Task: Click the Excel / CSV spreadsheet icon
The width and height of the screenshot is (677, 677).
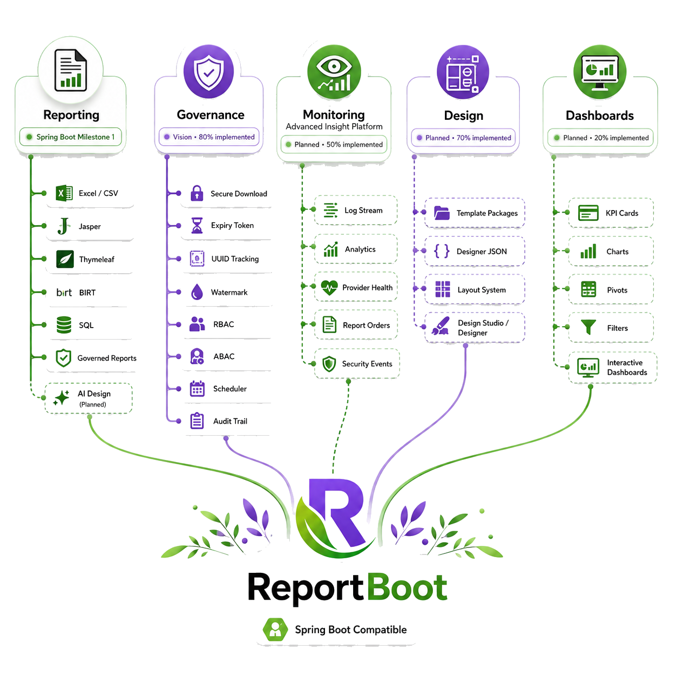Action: coord(64,193)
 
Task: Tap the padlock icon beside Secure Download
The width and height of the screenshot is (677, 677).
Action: coord(197,193)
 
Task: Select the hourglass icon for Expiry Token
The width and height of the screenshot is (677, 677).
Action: coord(197,225)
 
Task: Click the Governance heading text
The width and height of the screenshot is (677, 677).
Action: coord(211,114)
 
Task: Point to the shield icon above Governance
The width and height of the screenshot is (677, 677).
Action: coord(209,72)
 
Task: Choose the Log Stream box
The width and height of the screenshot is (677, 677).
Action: coord(356,210)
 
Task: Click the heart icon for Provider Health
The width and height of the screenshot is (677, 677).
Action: coord(329,287)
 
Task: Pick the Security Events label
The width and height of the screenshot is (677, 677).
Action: coord(367,364)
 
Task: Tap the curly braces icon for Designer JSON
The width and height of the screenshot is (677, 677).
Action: coord(442,251)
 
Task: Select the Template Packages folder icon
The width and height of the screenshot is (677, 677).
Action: coord(442,213)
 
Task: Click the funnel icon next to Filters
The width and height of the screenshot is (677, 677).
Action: coord(588,327)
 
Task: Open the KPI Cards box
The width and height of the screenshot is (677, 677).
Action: coord(611,213)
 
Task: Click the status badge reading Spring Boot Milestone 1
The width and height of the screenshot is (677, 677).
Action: coord(71,137)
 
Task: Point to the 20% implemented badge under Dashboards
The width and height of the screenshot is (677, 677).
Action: coord(600,138)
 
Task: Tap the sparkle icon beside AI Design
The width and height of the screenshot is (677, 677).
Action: coord(62,398)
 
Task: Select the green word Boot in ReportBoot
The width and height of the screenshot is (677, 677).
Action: coord(408,588)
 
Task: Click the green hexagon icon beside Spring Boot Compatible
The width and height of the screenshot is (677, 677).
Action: coord(275,629)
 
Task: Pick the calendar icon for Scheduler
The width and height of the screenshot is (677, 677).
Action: coord(197,389)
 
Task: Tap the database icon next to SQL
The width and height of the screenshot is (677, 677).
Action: coord(64,324)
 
